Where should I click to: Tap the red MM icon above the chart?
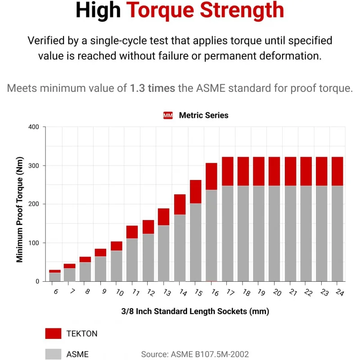168,116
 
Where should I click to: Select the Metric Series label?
203,115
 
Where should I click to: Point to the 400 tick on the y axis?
34,127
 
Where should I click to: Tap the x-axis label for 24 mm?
340,293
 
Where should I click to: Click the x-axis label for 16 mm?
215,293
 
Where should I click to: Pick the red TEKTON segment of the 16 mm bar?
211,176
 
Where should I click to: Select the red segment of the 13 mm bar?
164,217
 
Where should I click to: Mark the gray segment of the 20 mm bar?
274,234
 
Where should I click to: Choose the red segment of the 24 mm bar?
337,171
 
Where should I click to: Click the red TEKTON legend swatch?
53,333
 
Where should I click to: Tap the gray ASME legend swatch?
53,354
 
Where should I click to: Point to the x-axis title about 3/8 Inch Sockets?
195,311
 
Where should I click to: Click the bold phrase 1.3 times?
153,88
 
